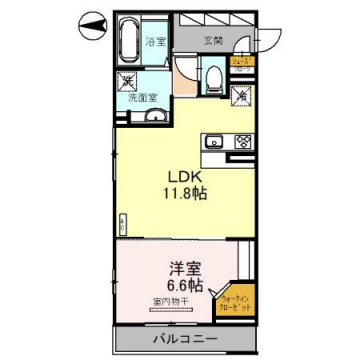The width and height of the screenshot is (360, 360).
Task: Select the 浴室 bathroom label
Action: tap(156, 43)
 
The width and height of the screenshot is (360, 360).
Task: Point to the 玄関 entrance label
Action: tap(212, 42)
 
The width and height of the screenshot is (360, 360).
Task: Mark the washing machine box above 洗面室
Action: tap(128, 84)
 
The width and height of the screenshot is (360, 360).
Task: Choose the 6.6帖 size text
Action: tap(183, 286)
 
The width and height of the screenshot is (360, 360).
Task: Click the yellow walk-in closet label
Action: tap(237, 299)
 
